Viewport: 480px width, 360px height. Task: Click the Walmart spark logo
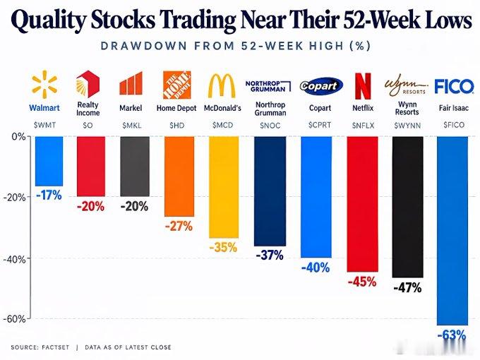(44, 83)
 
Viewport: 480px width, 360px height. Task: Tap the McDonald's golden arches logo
(222, 85)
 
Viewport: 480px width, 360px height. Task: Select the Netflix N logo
(362, 85)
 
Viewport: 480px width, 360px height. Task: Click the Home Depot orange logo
(176, 85)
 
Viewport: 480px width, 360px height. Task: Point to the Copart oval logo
(320, 85)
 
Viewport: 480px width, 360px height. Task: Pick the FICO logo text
(454, 86)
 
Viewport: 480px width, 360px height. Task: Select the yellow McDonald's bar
(224, 187)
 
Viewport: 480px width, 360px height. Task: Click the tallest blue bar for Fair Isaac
(452, 231)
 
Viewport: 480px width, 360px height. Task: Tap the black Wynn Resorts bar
(407, 207)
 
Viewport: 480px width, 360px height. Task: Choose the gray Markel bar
(135, 166)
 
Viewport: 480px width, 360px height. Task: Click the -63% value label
(452, 335)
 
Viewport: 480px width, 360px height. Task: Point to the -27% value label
(179, 227)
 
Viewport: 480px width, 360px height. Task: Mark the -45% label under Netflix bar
(362, 282)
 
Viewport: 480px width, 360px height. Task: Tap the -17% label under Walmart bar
(49, 195)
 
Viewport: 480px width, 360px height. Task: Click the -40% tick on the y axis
(15, 259)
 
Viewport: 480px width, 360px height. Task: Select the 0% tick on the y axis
(19, 136)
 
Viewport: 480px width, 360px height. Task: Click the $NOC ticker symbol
(270, 126)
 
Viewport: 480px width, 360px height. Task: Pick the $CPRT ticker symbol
(320, 125)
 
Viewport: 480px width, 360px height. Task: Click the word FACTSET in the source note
(55, 347)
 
